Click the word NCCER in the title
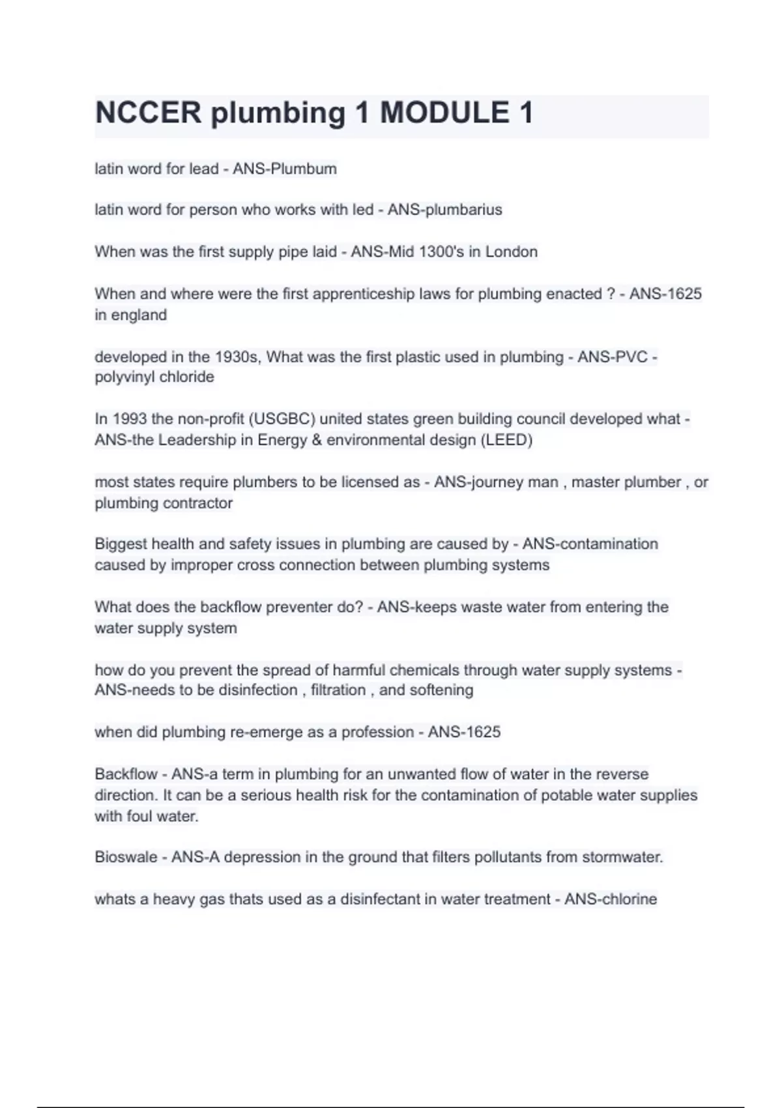point(149,113)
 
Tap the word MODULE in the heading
point(444,113)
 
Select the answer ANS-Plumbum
point(285,169)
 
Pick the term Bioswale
point(126,858)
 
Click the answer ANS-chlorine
point(611,899)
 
